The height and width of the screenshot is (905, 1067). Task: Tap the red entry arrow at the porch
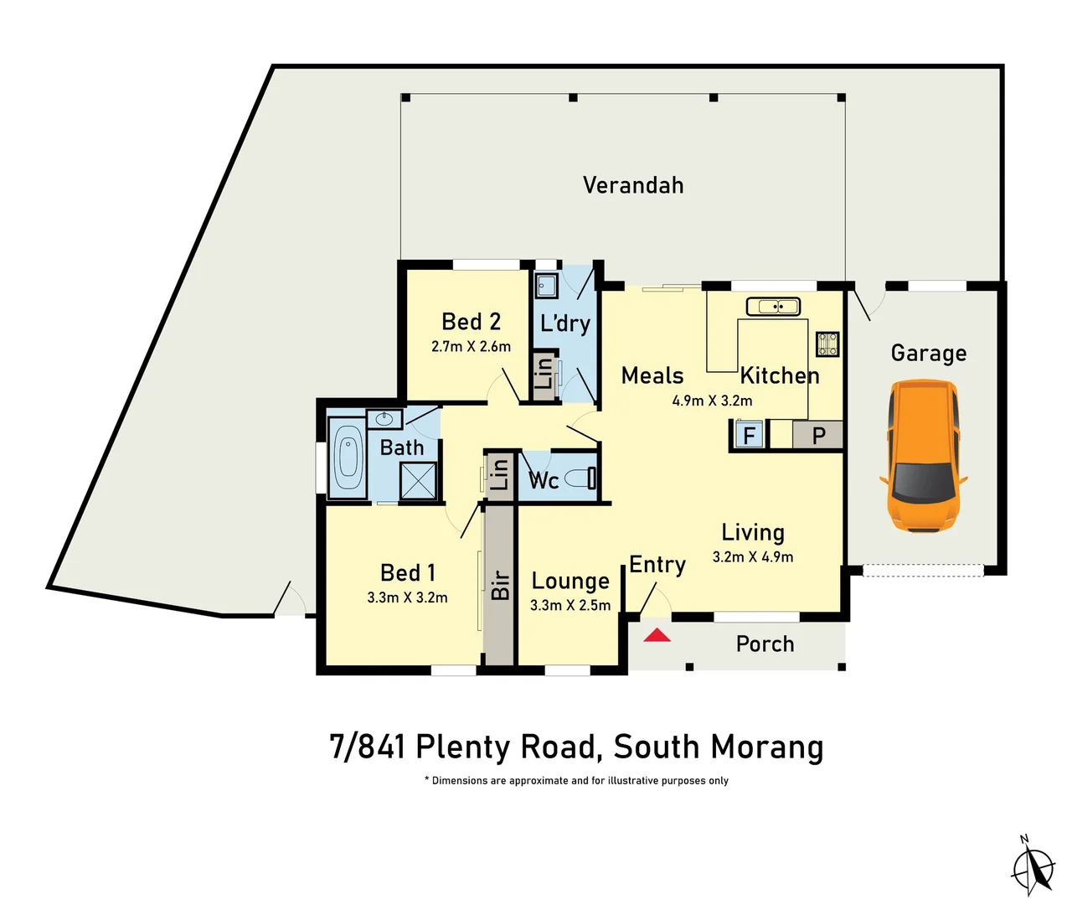point(657,635)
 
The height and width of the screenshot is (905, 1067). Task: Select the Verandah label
point(633,185)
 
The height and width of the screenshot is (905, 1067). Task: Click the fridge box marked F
point(749,435)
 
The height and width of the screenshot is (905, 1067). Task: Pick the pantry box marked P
point(818,435)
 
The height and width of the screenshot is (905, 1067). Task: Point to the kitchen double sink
point(773,307)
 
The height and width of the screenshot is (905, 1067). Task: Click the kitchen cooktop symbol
point(827,344)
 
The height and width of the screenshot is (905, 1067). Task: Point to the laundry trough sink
point(546,286)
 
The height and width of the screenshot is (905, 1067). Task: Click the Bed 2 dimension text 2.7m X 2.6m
point(471,346)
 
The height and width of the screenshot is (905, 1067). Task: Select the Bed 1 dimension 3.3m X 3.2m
point(407,597)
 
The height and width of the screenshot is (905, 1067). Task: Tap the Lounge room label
point(570,581)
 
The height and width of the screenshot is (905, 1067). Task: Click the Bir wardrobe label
point(500,585)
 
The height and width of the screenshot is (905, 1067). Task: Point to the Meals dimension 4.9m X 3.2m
point(712,401)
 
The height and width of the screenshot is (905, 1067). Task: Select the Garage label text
point(928,354)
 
